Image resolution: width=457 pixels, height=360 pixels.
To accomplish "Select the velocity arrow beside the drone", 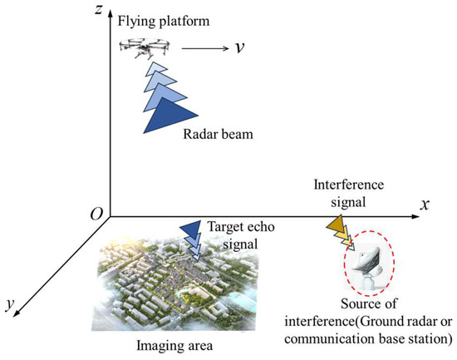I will (203, 48).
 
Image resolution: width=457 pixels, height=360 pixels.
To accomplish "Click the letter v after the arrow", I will (239, 47).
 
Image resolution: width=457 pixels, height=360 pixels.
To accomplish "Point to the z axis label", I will (99, 11).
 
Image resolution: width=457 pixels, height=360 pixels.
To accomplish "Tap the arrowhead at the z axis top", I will (115, 10).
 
